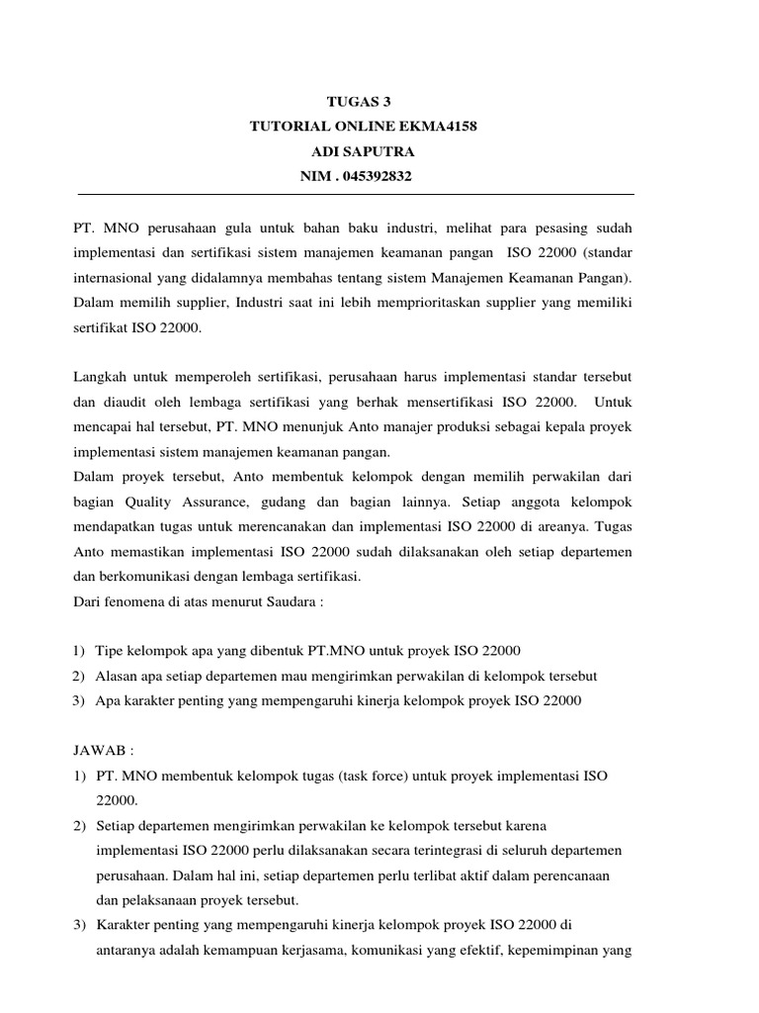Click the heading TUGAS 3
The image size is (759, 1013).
coord(365,102)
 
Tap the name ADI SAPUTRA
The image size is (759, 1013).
coord(365,152)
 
